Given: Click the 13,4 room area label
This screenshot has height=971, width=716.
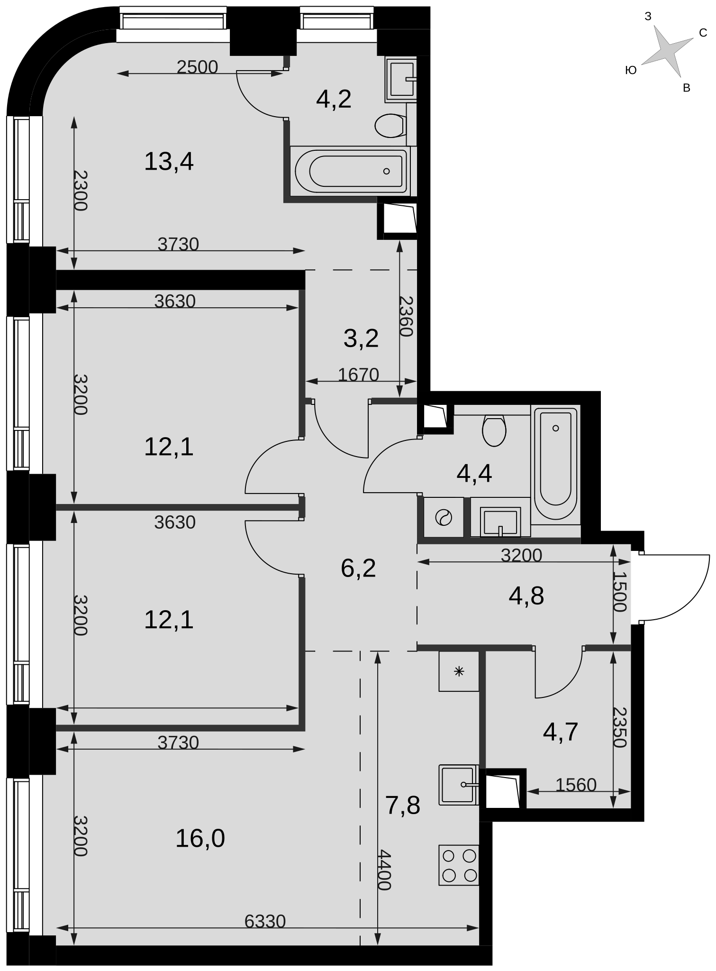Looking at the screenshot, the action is coord(169,162).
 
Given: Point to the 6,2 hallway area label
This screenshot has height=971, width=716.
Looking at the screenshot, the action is coord(358,568).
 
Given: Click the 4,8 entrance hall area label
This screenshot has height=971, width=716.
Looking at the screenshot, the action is coord(526,596).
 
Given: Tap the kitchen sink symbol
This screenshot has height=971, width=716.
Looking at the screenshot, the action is coord(459,785).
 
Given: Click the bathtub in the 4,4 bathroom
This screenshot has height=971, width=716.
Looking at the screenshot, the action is coord(555,464).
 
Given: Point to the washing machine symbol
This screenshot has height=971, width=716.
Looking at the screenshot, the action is coord(444,517).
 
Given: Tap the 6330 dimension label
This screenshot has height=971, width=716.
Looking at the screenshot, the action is coord(265,921).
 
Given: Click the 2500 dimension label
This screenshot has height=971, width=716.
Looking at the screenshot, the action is coord(197,67).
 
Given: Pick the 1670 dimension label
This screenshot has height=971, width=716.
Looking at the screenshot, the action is coord(359,375).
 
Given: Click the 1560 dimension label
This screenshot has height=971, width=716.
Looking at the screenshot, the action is coord(576,785).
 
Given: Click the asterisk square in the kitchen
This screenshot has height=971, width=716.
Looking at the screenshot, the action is coord(459,671).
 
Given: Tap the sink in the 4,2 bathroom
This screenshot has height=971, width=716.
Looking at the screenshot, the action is coord(401,80).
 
